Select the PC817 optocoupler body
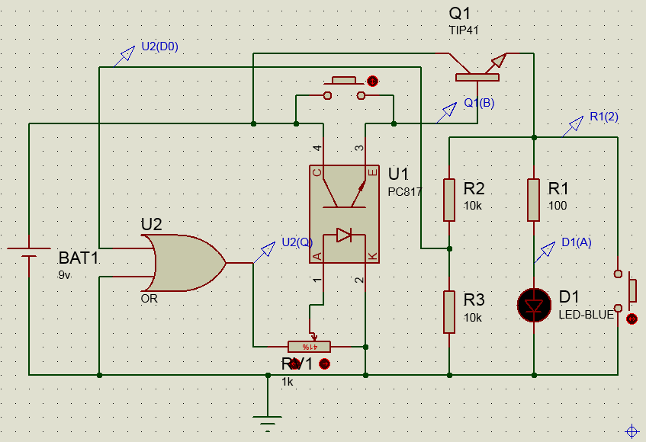click(x=343, y=214)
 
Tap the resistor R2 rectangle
click(x=449, y=200)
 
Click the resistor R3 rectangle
click(x=449, y=312)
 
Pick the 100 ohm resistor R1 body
click(x=534, y=200)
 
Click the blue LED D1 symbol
click(x=534, y=305)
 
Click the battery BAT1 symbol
click(x=29, y=251)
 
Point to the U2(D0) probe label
click(x=159, y=46)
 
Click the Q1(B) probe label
click(x=479, y=104)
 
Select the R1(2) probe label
click(x=604, y=117)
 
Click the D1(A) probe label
click(x=576, y=242)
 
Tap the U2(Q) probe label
click(x=297, y=242)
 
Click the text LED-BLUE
click(x=586, y=314)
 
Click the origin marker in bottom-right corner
click(x=632, y=431)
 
